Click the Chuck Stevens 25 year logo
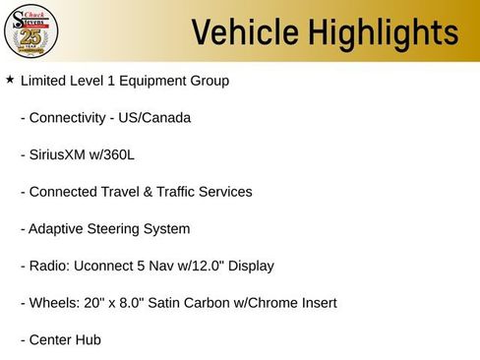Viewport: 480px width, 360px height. (31, 31)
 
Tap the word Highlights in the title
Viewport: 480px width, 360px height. (379, 32)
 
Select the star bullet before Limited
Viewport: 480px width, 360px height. (10, 79)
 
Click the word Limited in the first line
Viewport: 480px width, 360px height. (45, 80)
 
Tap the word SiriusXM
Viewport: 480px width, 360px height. (61, 154)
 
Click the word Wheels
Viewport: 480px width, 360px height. (55, 303)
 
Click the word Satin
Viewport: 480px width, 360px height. (166, 303)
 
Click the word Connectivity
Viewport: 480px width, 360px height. (68, 117)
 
